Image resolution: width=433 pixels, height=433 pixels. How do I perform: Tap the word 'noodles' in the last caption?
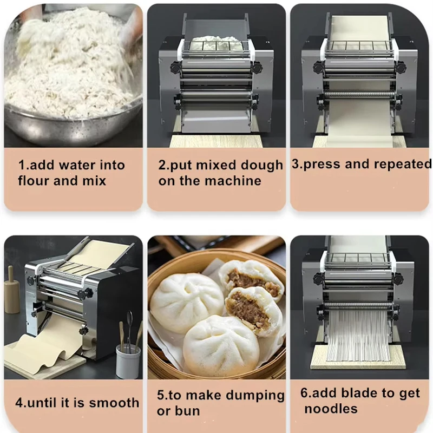tap(331, 409)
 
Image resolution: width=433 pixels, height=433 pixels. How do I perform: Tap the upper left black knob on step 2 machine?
tap(174, 67)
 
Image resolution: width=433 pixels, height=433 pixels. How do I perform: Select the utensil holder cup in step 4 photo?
tap(128, 360)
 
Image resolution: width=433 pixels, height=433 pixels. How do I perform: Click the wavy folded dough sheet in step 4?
tap(49, 352)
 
